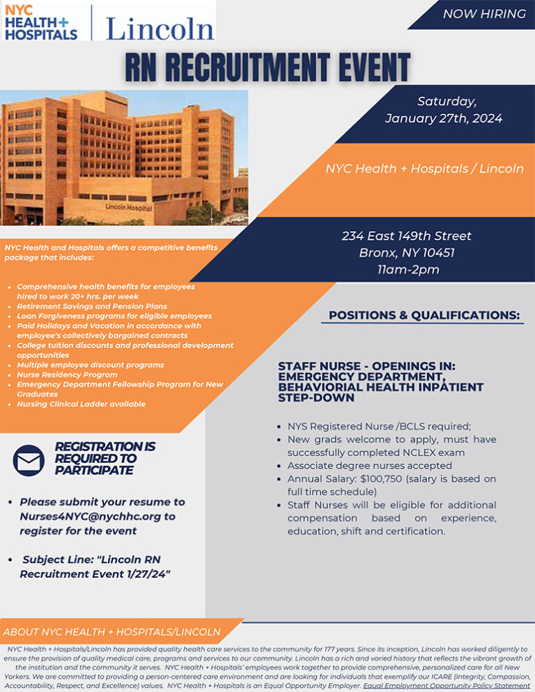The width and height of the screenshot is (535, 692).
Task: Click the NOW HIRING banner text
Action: pyautogui.click(x=483, y=14)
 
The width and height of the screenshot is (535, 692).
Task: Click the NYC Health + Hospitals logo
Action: pyautogui.click(x=41, y=22)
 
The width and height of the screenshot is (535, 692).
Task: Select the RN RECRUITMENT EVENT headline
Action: pyautogui.click(x=268, y=68)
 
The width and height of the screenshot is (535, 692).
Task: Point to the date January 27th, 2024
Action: pyautogui.click(x=443, y=118)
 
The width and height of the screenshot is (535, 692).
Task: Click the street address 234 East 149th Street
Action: pyautogui.click(x=406, y=236)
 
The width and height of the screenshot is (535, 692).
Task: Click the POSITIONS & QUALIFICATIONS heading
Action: pyautogui.click(x=424, y=315)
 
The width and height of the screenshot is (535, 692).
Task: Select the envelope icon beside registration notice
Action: pyautogui.click(x=29, y=460)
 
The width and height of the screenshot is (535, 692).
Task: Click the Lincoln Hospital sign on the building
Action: pyautogui.click(x=129, y=207)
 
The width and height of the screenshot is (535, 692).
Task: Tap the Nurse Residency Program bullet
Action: pyautogui.click(x=67, y=375)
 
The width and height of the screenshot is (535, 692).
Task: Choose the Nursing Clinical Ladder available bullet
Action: pyautogui.click(x=81, y=404)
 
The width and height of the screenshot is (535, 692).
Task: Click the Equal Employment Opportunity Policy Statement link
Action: pyautogui.click(x=447, y=686)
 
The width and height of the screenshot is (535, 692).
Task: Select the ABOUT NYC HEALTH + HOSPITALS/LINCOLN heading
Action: pyautogui.click(x=112, y=632)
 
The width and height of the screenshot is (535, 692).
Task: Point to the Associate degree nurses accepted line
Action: pyautogui.click(x=369, y=466)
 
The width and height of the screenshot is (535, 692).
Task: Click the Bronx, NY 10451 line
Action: pyautogui.click(x=407, y=253)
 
